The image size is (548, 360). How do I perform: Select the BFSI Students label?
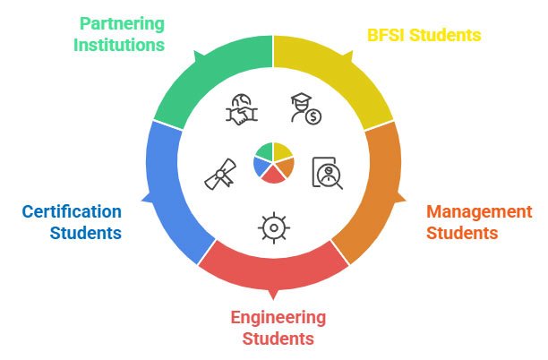coord(424,35)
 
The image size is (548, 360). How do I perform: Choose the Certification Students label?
coord(72,222)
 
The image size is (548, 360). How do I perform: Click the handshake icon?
coord(241,110)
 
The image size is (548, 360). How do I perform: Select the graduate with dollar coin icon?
coord(305,109)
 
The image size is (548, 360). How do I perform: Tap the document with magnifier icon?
coord(327,171)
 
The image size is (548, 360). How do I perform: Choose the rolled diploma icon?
coord(219,176)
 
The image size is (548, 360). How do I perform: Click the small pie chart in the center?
coord(273,161)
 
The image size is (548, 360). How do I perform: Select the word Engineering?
coord(278,317)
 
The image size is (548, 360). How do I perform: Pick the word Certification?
coord(72,212)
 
